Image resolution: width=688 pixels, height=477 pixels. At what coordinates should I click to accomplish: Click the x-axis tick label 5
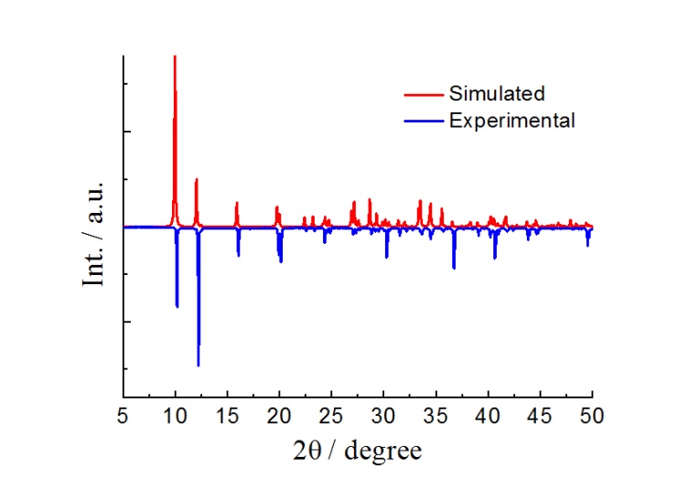(123, 417)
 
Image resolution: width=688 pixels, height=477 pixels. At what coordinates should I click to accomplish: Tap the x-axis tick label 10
(175, 417)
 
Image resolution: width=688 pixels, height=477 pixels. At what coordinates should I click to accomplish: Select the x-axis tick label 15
(227, 417)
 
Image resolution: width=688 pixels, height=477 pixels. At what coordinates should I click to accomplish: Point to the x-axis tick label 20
(279, 417)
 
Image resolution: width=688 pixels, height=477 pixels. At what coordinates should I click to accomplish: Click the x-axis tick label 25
(331, 417)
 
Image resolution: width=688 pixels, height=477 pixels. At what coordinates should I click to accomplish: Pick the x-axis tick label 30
(383, 417)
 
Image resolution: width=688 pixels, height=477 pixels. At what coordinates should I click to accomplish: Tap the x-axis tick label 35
(435, 417)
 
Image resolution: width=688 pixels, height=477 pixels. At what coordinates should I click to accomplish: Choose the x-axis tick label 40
(488, 417)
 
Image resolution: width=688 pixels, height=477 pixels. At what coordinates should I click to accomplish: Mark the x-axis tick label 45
(540, 417)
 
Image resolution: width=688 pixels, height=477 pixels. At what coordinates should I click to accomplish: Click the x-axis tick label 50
(592, 417)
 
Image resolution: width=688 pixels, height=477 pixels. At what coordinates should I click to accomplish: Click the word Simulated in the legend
(497, 93)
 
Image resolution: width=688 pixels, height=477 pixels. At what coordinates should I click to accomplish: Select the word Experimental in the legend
(511, 120)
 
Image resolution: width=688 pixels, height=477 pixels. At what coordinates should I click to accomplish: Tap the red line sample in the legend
(423, 94)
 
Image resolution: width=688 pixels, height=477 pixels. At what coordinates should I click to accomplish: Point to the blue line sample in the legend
(423, 121)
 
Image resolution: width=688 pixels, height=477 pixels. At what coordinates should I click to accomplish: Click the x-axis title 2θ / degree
(358, 450)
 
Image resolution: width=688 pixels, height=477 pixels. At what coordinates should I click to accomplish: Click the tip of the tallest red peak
(175, 57)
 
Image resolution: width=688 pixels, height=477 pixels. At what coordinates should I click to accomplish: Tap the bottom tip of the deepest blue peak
(199, 366)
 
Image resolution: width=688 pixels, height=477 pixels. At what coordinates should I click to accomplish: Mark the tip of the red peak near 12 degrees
(197, 179)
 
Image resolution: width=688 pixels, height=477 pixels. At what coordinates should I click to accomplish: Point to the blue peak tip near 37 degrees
(454, 269)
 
